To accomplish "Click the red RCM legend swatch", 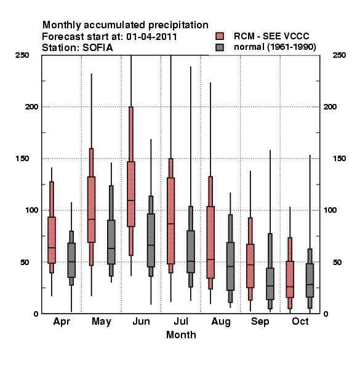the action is [x=220, y=36].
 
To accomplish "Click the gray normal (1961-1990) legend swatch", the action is [x=220, y=47].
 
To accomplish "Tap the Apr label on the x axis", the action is [x=62, y=322].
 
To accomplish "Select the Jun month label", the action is [x=141, y=321].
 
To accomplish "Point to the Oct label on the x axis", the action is [x=300, y=321].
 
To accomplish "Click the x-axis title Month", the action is [x=181, y=335].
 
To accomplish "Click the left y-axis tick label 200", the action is [x=31, y=106].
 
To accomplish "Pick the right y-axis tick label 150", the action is [x=339, y=159].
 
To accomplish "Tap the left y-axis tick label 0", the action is [x=36, y=314].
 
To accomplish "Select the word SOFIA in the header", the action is [x=98, y=48].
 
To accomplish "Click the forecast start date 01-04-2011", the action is [x=151, y=37].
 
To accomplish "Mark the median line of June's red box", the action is [x=131, y=200].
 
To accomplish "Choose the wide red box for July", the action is [x=170, y=221].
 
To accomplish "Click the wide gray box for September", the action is [x=270, y=284].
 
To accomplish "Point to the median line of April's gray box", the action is [x=71, y=262].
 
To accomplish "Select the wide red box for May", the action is [x=91, y=210].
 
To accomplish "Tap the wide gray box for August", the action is [x=230, y=266].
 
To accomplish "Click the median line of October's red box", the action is [x=290, y=287].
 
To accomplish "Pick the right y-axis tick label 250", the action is [x=339, y=55].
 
